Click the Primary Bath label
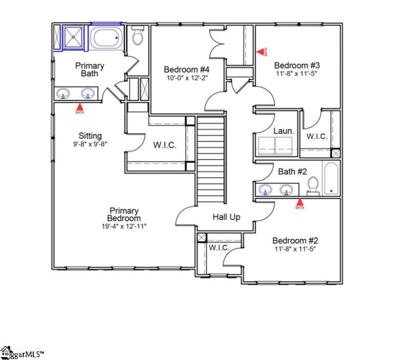click(89, 70)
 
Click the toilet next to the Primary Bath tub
click(137, 35)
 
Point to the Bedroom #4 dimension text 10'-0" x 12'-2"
click(187, 78)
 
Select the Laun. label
click(283, 131)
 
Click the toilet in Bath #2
click(313, 185)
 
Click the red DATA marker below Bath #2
click(299, 203)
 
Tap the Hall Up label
click(227, 216)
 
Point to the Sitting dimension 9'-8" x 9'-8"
click(89, 144)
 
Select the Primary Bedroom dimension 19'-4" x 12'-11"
click(125, 226)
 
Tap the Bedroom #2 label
click(295, 241)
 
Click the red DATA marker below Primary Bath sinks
click(79, 108)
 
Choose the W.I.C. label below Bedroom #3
click(316, 137)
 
